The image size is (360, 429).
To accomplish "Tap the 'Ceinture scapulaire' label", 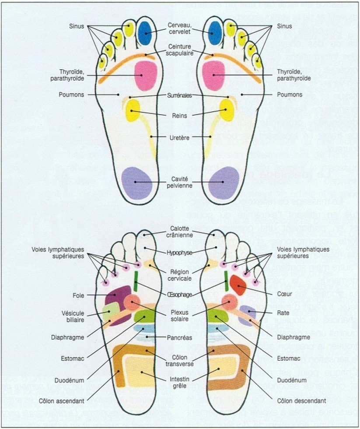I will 179,50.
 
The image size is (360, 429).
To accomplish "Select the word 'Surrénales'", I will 179,95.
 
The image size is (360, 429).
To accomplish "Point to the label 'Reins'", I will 179,116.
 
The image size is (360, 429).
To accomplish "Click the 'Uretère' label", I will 179,137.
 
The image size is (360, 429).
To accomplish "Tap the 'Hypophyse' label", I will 179,253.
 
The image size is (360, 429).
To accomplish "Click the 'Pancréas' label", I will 179,338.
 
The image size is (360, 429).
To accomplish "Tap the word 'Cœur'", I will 284,295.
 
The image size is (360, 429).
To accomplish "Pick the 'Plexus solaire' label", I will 179,316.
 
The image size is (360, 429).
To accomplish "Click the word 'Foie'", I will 79,295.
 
